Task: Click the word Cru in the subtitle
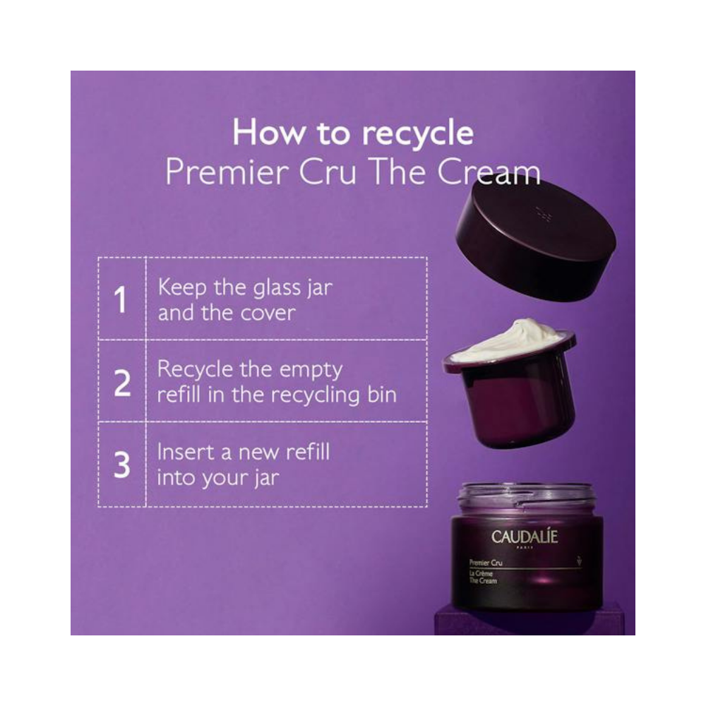[328, 172]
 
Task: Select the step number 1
[120, 299]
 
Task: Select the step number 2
[122, 383]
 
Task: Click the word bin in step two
[382, 395]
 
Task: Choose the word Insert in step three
[185, 452]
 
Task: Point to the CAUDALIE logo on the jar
[525, 537]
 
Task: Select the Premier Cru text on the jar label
[486, 563]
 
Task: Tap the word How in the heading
[268, 133]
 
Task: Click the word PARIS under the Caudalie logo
[525, 548]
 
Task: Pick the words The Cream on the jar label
[483, 581]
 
